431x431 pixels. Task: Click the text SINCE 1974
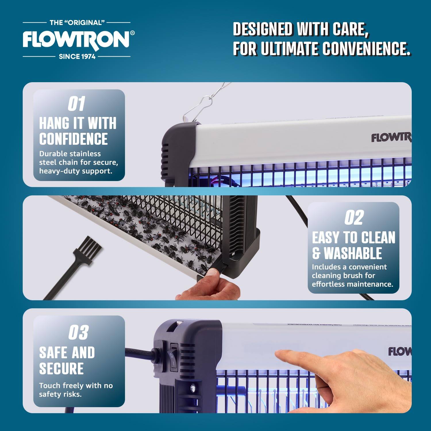[x=77, y=57]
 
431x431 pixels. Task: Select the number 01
[x=76, y=104]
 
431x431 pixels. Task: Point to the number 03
[x=78, y=332]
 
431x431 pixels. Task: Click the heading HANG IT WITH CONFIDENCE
[x=78, y=131]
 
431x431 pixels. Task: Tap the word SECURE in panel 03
[x=61, y=369]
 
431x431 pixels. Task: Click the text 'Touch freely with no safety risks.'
[x=76, y=390]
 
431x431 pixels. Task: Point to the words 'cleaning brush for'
[x=343, y=276]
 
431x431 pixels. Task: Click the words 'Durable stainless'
[x=70, y=154]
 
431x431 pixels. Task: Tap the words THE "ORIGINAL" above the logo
[x=76, y=22]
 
